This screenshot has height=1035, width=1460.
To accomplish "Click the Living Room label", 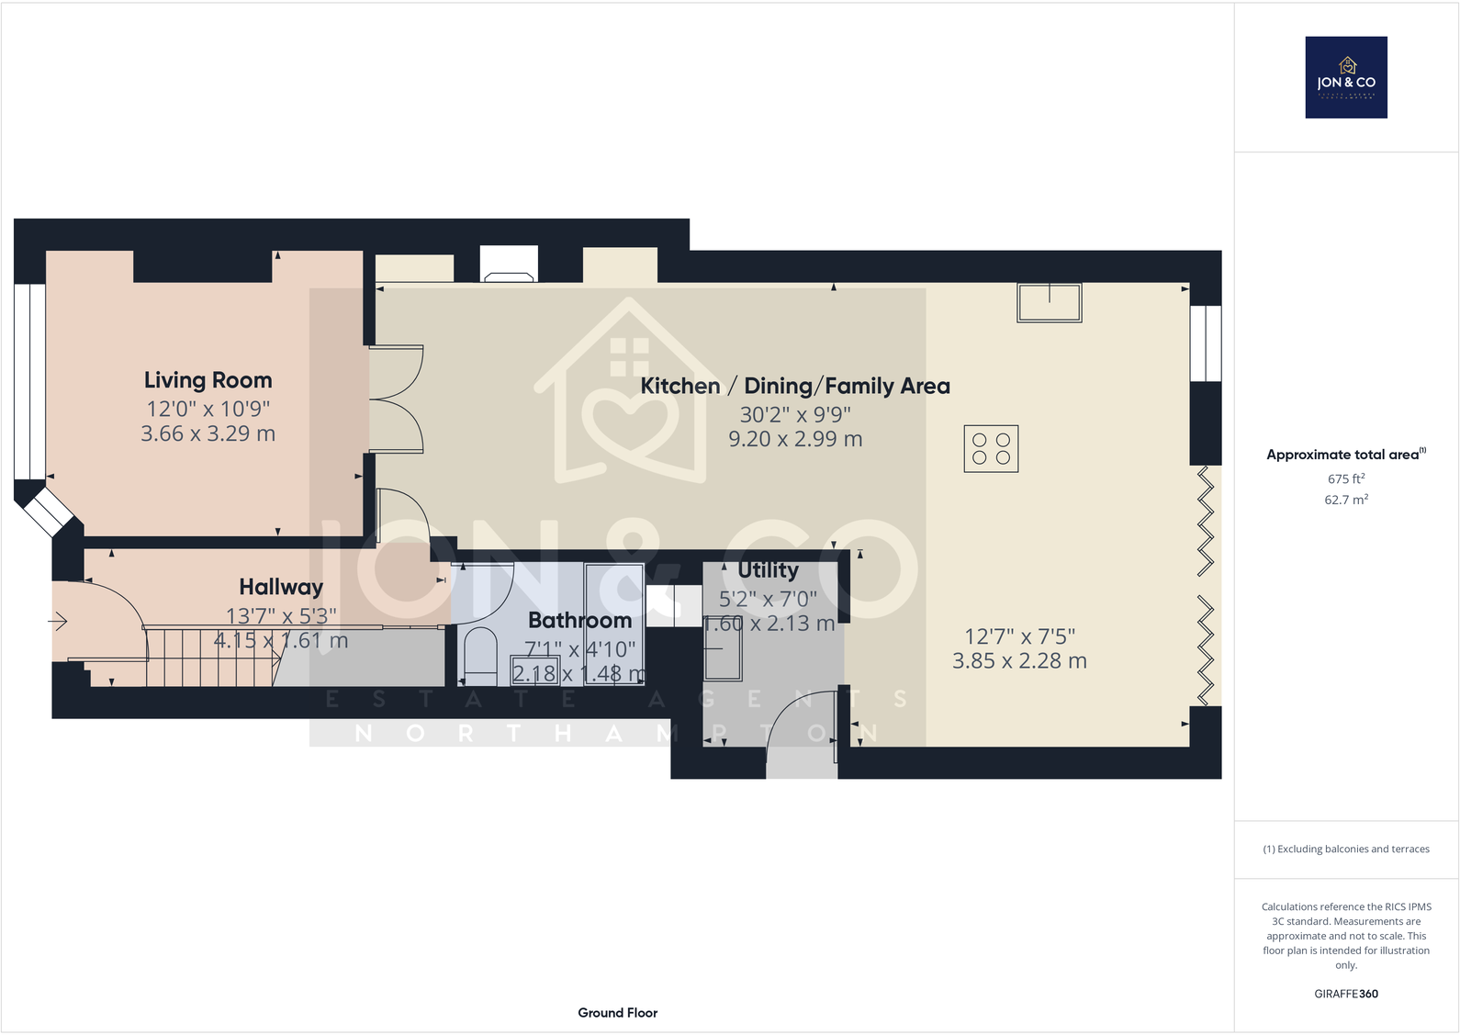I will (x=208, y=380).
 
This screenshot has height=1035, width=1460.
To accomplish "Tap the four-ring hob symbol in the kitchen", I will (x=991, y=449).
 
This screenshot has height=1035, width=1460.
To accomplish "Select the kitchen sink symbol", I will (x=1049, y=302).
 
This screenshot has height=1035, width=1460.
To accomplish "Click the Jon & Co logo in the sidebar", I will (x=1346, y=77).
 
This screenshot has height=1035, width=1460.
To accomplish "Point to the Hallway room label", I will (x=281, y=587).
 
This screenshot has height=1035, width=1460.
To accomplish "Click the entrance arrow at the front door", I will (x=58, y=623).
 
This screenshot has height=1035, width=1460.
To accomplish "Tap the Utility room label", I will (x=768, y=570).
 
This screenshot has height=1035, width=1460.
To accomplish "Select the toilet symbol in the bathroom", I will (x=480, y=655).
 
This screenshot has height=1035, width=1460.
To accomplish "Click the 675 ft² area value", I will (x=1346, y=478).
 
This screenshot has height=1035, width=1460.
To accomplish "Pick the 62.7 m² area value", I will (x=1346, y=500).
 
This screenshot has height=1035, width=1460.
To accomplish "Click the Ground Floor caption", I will (x=617, y=1013).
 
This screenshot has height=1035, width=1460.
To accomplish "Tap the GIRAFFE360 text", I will (x=1346, y=994).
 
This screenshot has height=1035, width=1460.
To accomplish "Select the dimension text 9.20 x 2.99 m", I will (x=795, y=439).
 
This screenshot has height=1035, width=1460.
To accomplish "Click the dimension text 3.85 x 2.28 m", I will (x=1019, y=660).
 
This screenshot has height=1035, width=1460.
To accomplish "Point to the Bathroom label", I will (x=579, y=621).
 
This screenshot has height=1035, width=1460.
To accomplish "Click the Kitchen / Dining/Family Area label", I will (x=795, y=386).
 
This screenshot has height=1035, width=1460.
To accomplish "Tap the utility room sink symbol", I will (x=723, y=659).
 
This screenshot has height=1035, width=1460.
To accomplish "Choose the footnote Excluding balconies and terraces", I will (x=1346, y=849).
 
